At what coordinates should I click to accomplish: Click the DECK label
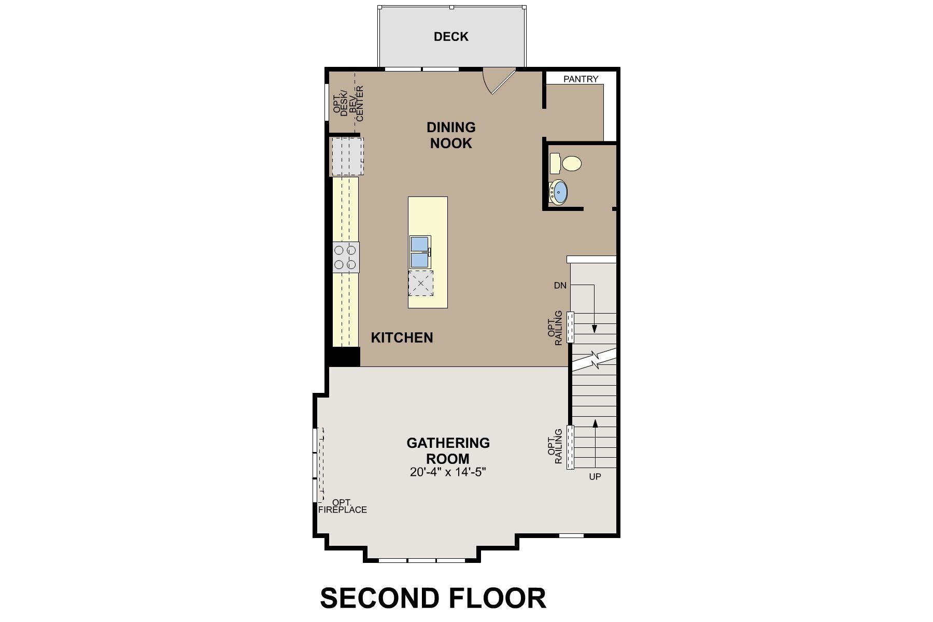(451, 37)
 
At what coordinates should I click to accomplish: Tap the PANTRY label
(581, 79)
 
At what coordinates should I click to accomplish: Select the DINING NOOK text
(451, 135)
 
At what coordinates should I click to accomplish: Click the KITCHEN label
(402, 338)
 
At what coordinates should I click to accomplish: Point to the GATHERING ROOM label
(448, 451)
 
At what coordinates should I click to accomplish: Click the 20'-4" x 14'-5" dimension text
(448, 473)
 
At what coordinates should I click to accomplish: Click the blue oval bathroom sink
(559, 192)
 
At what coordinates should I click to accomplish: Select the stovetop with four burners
(345, 257)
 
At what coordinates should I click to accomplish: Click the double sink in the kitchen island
(420, 252)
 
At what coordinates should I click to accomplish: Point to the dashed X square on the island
(420, 283)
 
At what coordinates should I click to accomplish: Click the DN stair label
(560, 286)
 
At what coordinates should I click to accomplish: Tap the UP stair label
(595, 476)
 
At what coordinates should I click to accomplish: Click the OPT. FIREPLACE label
(343, 506)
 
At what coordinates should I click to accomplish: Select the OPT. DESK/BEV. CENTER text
(348, 103)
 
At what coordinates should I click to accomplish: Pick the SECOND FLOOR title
(433, 598)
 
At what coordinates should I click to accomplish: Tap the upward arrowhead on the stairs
(595, 423)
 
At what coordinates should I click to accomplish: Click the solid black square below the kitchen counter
(343, 357)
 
